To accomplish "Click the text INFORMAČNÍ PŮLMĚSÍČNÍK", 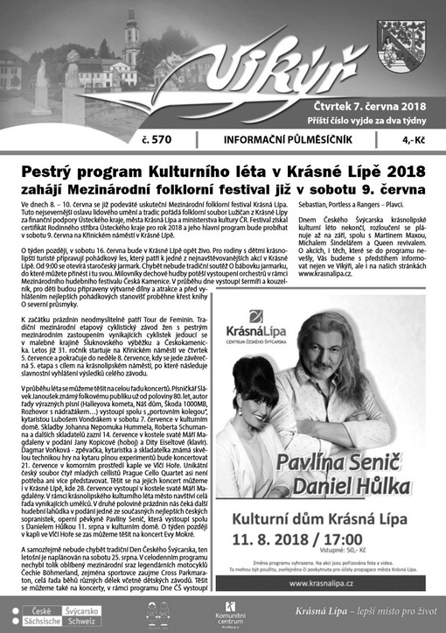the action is point(292,138).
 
